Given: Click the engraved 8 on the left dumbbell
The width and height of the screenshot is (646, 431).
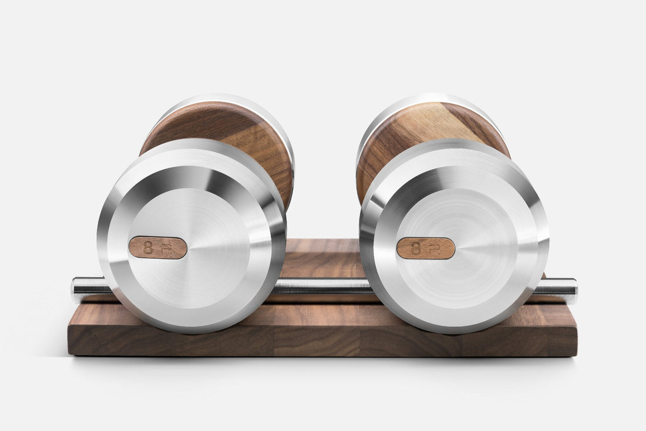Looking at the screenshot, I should tap(148, 248).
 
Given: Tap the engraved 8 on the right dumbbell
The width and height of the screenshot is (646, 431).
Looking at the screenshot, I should tap(416, 248).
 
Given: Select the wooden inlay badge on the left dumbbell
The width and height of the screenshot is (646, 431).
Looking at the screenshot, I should tap(157, 248).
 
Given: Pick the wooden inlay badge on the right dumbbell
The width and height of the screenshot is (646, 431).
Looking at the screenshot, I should tap(425, 248).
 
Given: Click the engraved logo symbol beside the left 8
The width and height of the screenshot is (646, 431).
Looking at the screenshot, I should tap(168, 248).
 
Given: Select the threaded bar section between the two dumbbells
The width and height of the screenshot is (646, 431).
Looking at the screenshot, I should tap(323, 287).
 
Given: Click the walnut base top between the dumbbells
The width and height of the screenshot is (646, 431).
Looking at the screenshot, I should tap(323, 258).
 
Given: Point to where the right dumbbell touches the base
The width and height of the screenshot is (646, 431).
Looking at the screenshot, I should tap(455, 332).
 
